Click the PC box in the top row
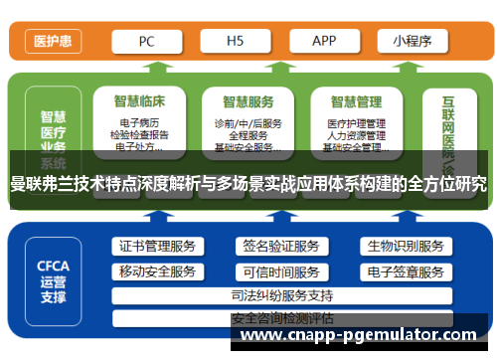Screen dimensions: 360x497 click(146, 42)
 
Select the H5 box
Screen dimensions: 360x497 click(235, 42)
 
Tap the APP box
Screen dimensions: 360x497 click(324, 42)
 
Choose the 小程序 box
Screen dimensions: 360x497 click(412, 42)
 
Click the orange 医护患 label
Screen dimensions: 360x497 click(52, 42)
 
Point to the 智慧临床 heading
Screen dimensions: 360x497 click(140, 101)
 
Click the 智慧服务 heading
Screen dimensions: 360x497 click(248, 101)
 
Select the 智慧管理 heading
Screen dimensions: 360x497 click(356, 101)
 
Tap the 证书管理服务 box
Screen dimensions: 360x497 click(157, 246)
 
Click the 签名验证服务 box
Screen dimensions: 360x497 click(280, 246)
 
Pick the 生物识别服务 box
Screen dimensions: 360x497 click(405, 246)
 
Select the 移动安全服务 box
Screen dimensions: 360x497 click(157, 271)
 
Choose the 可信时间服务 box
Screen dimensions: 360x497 click(280, 271)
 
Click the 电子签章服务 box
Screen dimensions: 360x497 click(405, 271)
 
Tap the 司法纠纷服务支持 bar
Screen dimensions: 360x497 click(280, 295)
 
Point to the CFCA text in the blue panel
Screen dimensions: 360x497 click(53, 266)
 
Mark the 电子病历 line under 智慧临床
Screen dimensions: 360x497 click(140, 123)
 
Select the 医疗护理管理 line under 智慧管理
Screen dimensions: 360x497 click(356, 123)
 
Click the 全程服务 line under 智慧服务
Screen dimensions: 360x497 click(248, 135)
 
